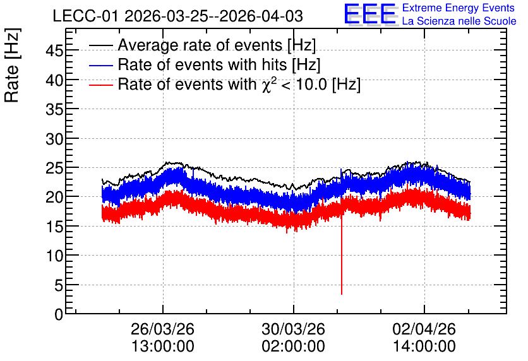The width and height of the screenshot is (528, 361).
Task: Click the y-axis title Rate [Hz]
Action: coord(12,65)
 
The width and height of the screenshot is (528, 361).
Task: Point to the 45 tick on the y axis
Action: coord(54,51)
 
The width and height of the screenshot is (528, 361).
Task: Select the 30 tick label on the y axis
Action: coord(54,139)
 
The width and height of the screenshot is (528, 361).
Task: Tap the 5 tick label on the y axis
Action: coord(59,285)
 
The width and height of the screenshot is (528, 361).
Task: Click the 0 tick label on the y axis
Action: coord(59,315)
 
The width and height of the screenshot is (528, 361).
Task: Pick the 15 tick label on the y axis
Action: coord(54,227)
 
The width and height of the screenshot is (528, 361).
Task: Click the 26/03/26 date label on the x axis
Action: coord(163,329)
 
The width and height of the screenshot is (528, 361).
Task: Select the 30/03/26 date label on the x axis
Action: coord(293,329)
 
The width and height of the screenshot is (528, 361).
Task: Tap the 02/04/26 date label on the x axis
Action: coord(424,329)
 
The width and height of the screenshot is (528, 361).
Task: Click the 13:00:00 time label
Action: coord(163,346)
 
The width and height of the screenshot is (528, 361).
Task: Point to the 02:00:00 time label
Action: coord(293,346)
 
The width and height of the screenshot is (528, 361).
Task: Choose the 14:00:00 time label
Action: coord(424,346)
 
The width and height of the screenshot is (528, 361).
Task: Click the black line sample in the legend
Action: coord(100,45)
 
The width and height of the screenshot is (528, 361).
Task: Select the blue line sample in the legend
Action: coord(100,65)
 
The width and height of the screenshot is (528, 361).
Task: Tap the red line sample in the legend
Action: coord(100,85)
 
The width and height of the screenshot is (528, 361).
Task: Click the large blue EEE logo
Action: coord(370,15)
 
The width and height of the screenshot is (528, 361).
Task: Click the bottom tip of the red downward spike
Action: coord(342,294)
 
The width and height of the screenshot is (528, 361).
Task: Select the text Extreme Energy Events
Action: coord(459,8)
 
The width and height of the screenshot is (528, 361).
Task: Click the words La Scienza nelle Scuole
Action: coord(459,21)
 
